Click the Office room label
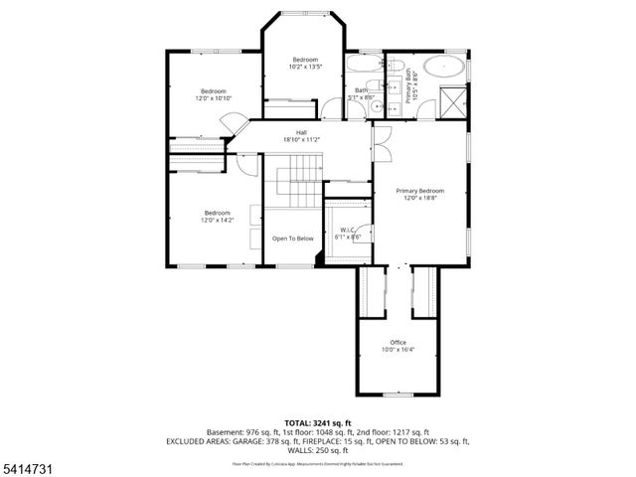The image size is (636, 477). tap(397, 342)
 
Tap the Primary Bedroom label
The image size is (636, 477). tap(419, 190)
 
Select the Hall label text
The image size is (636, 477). tap(301, 133)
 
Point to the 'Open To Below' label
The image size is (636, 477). tap(293, 238)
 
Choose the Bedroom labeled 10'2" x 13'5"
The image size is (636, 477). tap(305, 61)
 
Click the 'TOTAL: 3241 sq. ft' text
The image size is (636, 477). tap(318, 423)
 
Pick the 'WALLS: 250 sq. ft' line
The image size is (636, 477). tap(318, 449)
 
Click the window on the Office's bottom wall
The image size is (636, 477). tap(397, 393)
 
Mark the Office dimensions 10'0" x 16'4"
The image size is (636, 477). tap(397, 350)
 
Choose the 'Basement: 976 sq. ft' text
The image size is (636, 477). tap(242, 432)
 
